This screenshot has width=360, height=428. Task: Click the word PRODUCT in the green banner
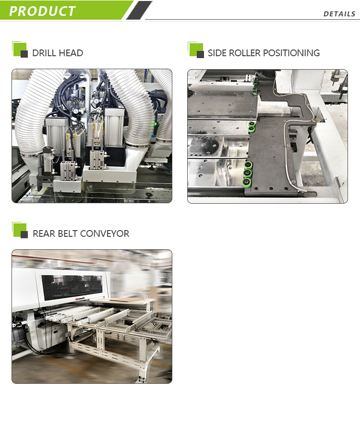click(42, 11)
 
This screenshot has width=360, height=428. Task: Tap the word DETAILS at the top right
click(339, 14)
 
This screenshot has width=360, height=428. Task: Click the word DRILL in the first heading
click(43, 53)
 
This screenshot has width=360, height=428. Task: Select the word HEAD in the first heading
click(70, 53)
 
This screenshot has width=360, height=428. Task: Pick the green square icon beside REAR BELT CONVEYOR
click(20, 230)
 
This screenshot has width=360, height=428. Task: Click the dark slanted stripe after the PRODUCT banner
click(140, 10)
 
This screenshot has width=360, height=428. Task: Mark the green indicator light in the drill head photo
click(155, 124)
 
